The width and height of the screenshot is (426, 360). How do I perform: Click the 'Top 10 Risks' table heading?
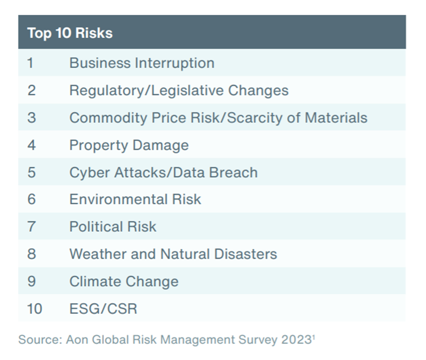click(70, 34)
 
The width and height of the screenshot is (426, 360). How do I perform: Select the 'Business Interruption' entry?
click(142, 63)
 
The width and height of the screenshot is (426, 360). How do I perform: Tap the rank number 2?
click(31, 90)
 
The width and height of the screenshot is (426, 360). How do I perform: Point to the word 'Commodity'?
click(108, 118)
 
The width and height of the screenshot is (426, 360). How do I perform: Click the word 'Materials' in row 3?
click(336, 118)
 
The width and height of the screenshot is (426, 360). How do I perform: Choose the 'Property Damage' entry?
click(129, 145)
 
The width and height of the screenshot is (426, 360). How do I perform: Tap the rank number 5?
click(31, 173)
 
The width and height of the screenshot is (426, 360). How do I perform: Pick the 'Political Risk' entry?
click(113, 226)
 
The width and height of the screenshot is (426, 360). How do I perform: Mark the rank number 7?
click(31, 226)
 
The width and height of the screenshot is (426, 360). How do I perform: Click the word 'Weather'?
click(98, 254)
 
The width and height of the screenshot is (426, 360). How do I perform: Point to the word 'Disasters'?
click(245, 254)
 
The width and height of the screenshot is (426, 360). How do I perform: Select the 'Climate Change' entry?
click(124, 282)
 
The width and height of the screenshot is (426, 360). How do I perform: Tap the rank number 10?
click(34, 308)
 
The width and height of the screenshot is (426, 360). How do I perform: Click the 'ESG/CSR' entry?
click(103, 308)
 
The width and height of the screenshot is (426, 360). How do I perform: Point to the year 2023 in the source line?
click(296, 340)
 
